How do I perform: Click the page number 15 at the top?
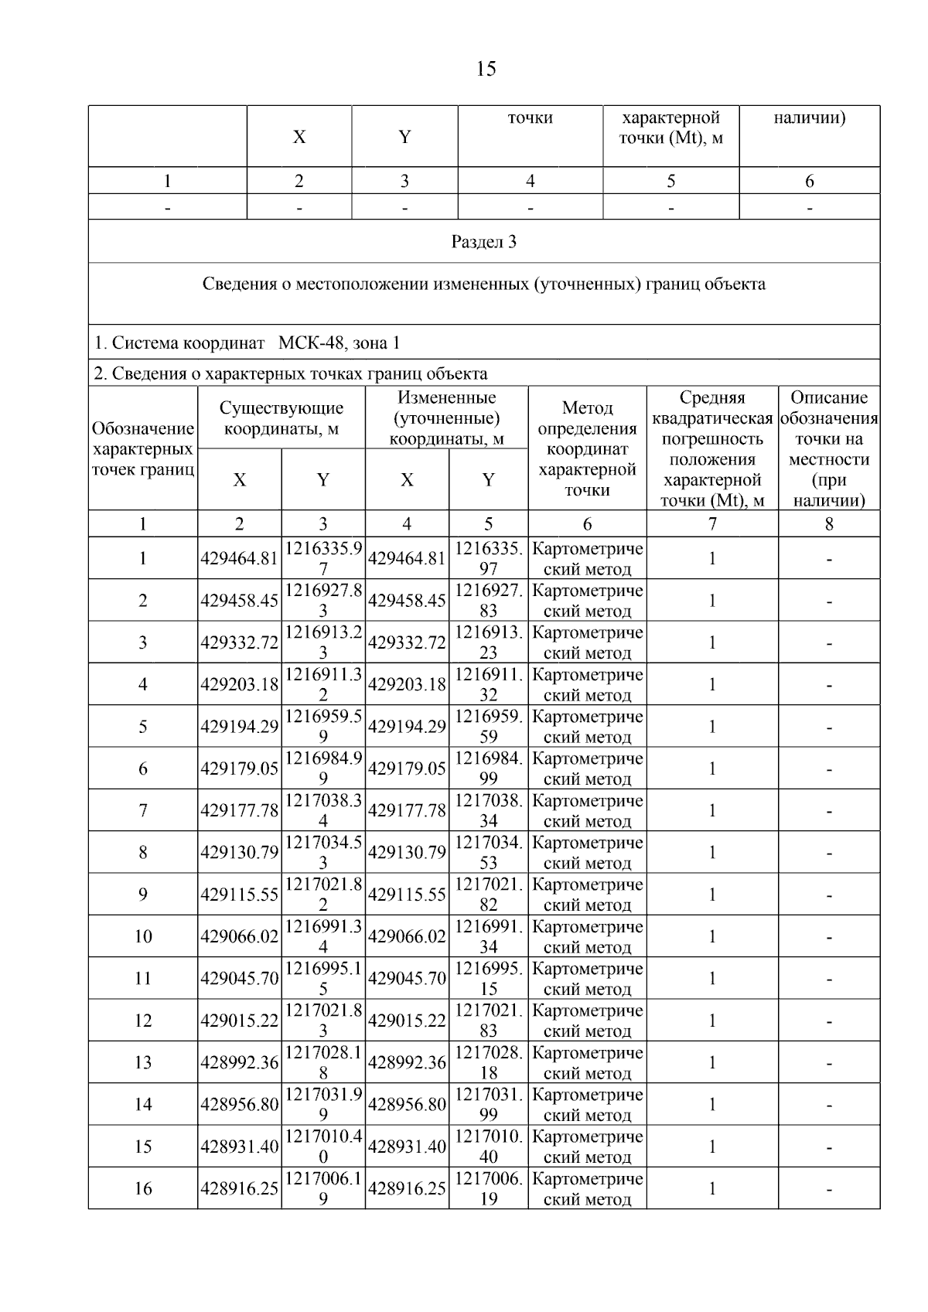tap(486, 70)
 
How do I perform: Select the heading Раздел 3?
tap(484, 242)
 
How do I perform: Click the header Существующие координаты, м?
tap(281, 418)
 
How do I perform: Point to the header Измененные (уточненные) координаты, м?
tap(446, 418)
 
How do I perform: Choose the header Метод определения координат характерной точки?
tap(587, 448)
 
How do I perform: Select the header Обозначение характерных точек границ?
tap(143, 449)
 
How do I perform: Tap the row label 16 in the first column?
tap(143, 1188)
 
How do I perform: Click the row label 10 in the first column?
tap(143, 936)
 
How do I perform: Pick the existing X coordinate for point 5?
tap(239, 727)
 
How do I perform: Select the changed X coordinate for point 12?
tap(407, 1021)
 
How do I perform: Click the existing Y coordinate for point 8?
tap(323, 852)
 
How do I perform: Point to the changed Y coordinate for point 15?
tap(489, 1147)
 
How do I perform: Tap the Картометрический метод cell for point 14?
tap(587, 1105)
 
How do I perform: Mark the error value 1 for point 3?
tap(711, 642)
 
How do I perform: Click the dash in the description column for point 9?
tap(829, 895)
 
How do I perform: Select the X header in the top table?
tap(299, 137)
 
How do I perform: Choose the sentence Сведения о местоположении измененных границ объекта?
tap(484, 284)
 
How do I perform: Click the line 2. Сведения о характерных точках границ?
tap(291, 374)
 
